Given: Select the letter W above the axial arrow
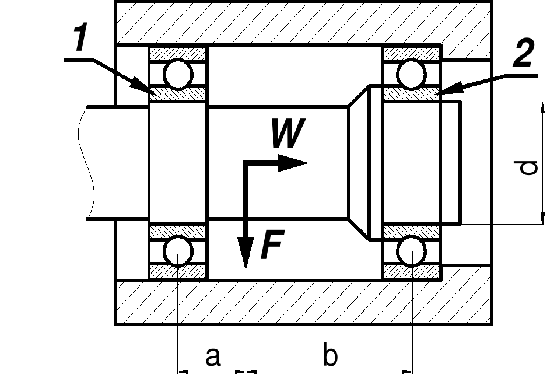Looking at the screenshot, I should point(287,135).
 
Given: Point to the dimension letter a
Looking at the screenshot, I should point(213,355).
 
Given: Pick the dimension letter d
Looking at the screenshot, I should point(528,169).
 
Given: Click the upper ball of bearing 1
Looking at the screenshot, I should point(177,75).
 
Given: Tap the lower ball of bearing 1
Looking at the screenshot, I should point(177,251).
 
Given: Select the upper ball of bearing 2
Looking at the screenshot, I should point(412,75).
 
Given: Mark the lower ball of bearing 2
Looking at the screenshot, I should point(412,251).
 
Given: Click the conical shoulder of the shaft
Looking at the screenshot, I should point(358,163).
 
